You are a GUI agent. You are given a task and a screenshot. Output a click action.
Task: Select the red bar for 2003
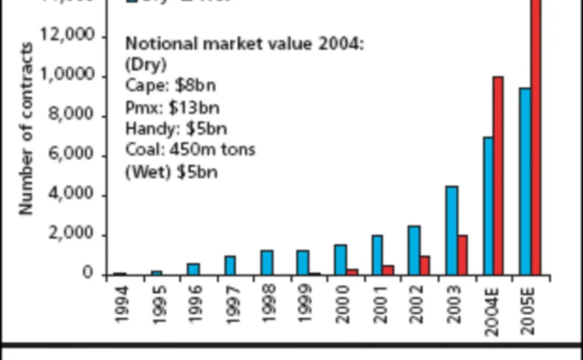click(463, 255)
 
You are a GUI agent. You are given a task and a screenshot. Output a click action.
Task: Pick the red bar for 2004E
click(498, 176)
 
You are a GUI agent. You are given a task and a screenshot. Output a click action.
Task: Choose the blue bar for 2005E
click(525, 181)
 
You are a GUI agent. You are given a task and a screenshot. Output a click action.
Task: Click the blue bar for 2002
click(414, 250)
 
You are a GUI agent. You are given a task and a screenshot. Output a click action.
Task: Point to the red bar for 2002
click(424, 265)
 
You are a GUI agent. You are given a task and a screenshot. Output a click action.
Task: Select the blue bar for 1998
click(266, 263)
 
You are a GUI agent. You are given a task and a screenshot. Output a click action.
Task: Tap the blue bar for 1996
click(193, 269)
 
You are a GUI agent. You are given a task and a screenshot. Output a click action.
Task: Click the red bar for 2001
click(388, 270)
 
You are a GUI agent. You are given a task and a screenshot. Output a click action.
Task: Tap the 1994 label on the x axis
click(120, 306)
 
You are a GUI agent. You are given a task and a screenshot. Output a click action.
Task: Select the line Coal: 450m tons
click(190, 149)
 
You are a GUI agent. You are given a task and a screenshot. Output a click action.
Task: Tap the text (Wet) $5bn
click(172, 170)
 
